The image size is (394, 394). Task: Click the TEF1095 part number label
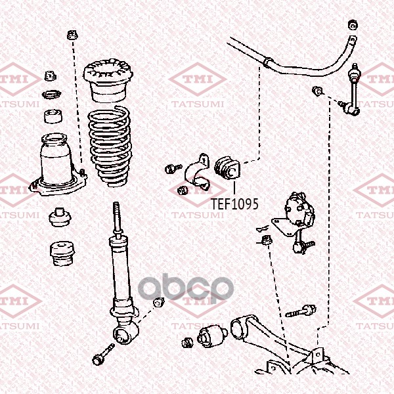(x=234, y=204)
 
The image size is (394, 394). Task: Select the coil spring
(x=110, y=146)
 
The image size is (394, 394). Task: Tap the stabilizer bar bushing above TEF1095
(x=227, y=168)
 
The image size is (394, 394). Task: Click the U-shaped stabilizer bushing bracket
(x=197, y=172)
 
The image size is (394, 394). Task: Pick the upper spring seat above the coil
(x=108, y=81)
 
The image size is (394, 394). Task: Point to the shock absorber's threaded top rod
(x=117, y=219)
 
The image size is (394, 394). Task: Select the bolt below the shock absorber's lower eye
(x=103, y=355)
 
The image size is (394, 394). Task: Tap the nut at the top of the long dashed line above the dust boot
(x=72, y=35)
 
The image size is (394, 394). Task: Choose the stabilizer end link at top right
(x=353, y=90)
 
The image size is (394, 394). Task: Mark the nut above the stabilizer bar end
(x=353, y=25)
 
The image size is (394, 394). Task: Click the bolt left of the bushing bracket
(x=173, y=168)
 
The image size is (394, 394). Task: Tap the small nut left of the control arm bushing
(x=187, y=343)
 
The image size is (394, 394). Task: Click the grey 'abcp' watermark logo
(x=186, y=288)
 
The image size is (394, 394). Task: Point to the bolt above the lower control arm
(x=301, y=311)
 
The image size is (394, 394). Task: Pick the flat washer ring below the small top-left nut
(x=51, y=95)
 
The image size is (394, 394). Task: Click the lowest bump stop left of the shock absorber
(x=62, y=253)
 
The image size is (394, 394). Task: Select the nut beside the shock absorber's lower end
(x=158, y=302)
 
